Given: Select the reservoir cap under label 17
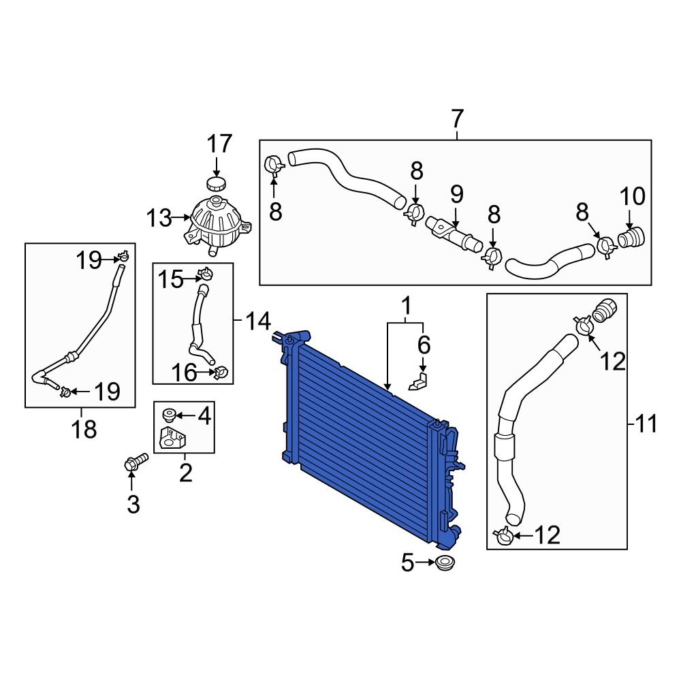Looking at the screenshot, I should pyautogui.click(x=216, y=185).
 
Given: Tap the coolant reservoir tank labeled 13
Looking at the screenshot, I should pyautogui.click(x=217, y=224).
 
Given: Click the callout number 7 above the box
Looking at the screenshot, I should pyautogui.click(x=456, y=119).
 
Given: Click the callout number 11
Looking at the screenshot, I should pyautogui.click(x=647, y=425).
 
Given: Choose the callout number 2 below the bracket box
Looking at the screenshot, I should pyautogui.click(x=185, y=471).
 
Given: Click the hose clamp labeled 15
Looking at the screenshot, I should pyautogui.click(x=205, y=276).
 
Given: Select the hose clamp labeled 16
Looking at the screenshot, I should pyautogui.click(x=221, y=373).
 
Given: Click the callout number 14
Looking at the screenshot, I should pyautogui.click(x=258, y=320).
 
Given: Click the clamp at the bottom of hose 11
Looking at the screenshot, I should pyautogui.click(x=504, y=537).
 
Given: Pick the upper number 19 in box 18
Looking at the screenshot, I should pyautogui.click(x=89, y=260).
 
